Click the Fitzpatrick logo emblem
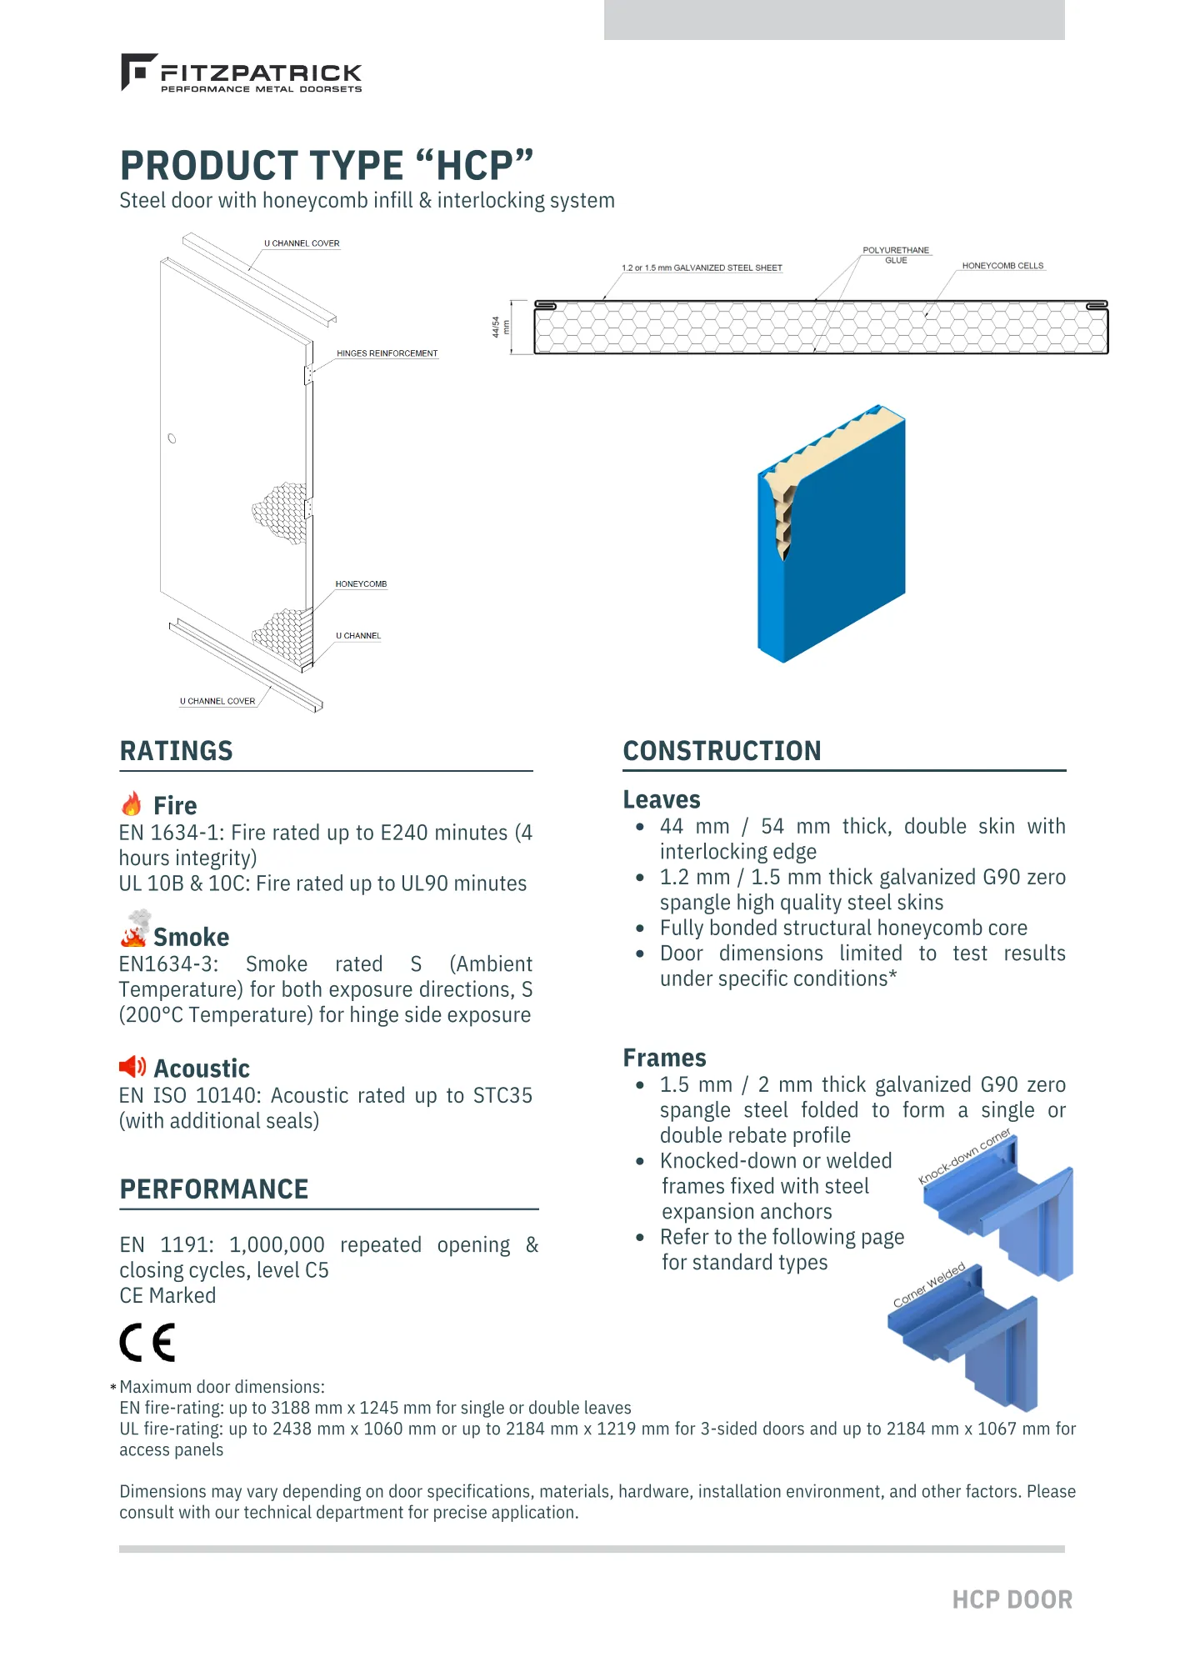(x=137, y=72)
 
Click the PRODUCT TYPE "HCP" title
(x=326, y=165)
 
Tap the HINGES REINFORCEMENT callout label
(x=387, y=353)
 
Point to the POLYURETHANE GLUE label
(x=896, y=255)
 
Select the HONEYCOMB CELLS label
(x=1002, y=266)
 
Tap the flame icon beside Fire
(x=132, y=803)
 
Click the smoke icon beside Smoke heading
(x=134, y=929)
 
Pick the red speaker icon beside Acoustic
(x=132, y=1067)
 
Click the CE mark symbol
(x=147, y=1342)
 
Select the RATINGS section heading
(x=177, y=751)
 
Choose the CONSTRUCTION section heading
(x=722, y=751)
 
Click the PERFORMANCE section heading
(x=214, y=1189)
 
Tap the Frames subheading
(x=664, y=1058)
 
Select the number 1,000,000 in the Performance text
(x=277, y=1244)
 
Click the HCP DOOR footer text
(x=1012, y=1599)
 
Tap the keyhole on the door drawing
(x=172, y=438)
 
